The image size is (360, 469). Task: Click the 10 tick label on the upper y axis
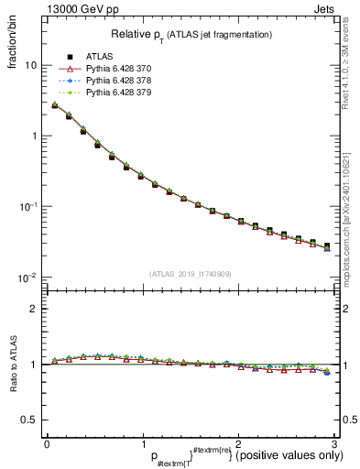pyautogui.click(x=31, y=66)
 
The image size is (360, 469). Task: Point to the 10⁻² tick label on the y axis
pyautogui.click(x=29, y=277)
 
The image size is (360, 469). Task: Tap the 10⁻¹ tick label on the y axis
pyautogui.click(x=29, y=206)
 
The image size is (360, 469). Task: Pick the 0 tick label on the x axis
pyautogui.click(x=47, y=443)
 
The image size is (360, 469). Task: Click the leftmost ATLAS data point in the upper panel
pyautogui.click(x=54, y=105)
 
